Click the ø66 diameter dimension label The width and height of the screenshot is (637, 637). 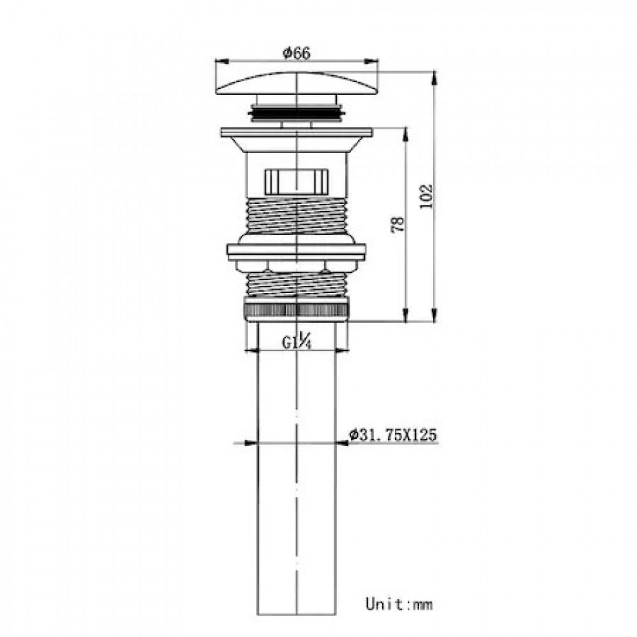pos(296,53)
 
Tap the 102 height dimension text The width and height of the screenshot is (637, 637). pos(426,196)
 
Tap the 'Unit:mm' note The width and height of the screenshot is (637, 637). pos(399,603)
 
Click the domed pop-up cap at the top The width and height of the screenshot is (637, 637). pos(297,83)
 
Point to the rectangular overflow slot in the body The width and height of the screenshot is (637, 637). pos(297,182)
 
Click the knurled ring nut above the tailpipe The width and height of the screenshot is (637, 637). pos(297,310)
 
